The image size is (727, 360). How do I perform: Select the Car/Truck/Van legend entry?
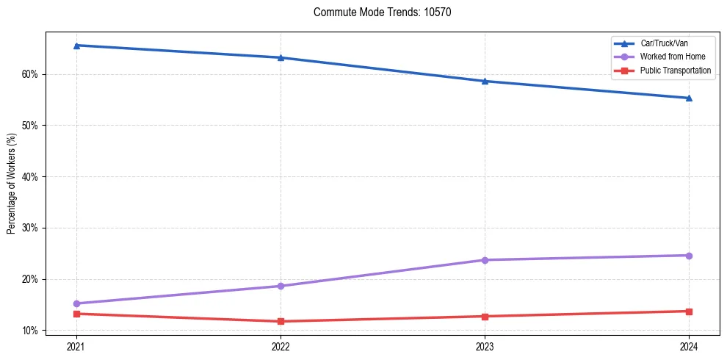tap(664, 43)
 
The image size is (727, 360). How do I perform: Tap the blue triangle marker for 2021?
tap(76, 46)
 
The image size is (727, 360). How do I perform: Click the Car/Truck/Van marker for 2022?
tap(281, 57)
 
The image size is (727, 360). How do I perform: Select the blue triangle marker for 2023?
tap(485, 81)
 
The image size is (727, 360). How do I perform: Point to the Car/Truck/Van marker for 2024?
tap(689, 98)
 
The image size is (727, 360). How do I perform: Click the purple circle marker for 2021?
tap(76, 303)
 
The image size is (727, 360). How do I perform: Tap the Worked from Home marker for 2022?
tap(281, 286)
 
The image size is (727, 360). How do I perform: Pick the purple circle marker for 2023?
tap(485, 260)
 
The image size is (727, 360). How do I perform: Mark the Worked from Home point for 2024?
tap(689, 256)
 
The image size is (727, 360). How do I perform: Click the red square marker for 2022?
tap(281, 321)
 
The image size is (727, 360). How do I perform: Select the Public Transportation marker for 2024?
tap(689, 312)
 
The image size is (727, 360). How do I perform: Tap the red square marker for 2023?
tap(485, 317)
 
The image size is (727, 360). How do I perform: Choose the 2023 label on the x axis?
tap(485, 345)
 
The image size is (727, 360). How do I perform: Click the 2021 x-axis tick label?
tap(76, 345)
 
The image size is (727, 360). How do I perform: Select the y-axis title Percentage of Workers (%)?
tap(12, 183)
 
